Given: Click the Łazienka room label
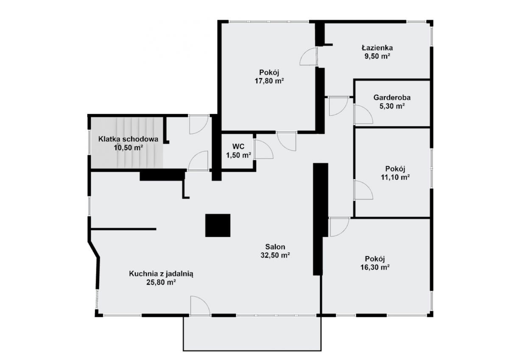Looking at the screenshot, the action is pyautogui.click(x=377, y=47).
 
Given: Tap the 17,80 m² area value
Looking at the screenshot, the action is pyautogui.click(x=269, y=81).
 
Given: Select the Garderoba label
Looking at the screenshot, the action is pyautogui.click(x=392, y=98).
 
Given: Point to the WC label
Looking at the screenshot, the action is pyautogui.click(x=238, y=146).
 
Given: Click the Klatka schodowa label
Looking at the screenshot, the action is pyautogui.click(x=128, y=139).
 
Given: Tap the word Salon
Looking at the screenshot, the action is pyautogui.click(x=275, y=247).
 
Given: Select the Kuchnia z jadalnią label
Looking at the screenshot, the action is pyautogui.click(x=161, y=273).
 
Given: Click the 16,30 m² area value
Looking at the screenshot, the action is pyautogui.click(x=375, y=267).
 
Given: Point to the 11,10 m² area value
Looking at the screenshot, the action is pyautogui.click(x=395, y=177).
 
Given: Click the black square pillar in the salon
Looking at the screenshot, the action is pyautogui.click(x=218, y=225).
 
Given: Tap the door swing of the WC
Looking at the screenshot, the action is pyautogui.click(x=263, y=149).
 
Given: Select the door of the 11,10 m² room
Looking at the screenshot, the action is pyautogui.click(x=363, y=190).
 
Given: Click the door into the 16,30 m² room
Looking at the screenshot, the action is pyautogui.click(x=339, y=227).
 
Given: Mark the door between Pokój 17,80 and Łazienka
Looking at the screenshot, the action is pyautogui.click(x=308, y=56).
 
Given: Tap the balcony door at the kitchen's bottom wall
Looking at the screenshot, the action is pyautogui.click(x=200, y=306).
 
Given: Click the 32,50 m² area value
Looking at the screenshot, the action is pyautogui.click(x=275, y=255).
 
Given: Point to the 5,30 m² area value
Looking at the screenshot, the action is pyautogui.click(x=392, y=106).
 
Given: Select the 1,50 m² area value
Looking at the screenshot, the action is pyautogui.click(x=238, y=155).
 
